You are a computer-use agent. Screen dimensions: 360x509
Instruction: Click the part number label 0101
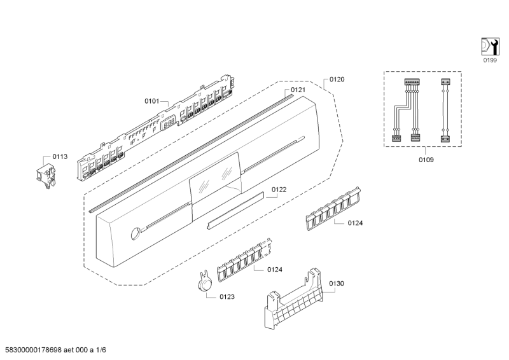point(151,100)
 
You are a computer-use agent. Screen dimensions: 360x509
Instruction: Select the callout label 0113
point(60,156)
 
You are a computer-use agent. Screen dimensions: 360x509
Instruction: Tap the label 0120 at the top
point(337,80)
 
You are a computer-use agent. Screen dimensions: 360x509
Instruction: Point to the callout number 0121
point(298,90)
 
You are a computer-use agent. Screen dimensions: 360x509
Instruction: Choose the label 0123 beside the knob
point(227,296)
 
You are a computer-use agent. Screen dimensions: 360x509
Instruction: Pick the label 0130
point(337,283)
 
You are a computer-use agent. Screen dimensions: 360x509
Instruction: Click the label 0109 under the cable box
point(426,160)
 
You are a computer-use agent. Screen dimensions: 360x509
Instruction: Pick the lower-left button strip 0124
point(244,262)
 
